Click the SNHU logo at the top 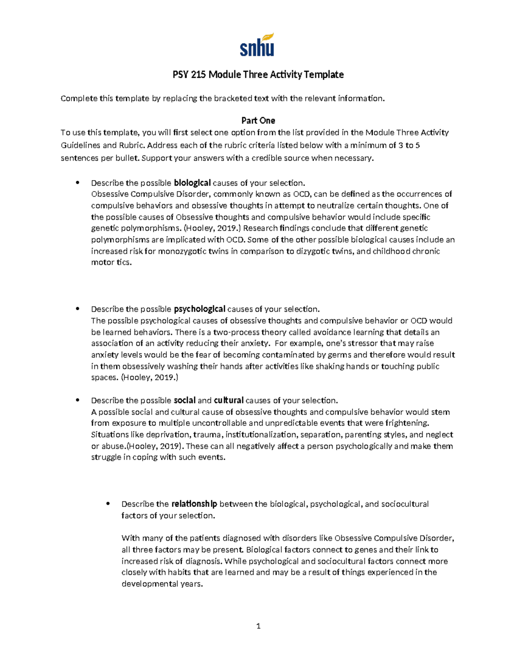pos(257,45)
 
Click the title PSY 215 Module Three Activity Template pos(258,75)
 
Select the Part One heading pos(258,120)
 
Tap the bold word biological pos(192,183)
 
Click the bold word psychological pos(199,309)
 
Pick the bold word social pos(184,400)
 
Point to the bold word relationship pos(194,504)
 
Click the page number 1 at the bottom pos(258,626)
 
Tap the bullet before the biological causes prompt pos(78,182)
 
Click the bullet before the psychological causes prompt pos(78,308)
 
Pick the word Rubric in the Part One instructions pos(127,145)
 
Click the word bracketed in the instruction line pos(232,98)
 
